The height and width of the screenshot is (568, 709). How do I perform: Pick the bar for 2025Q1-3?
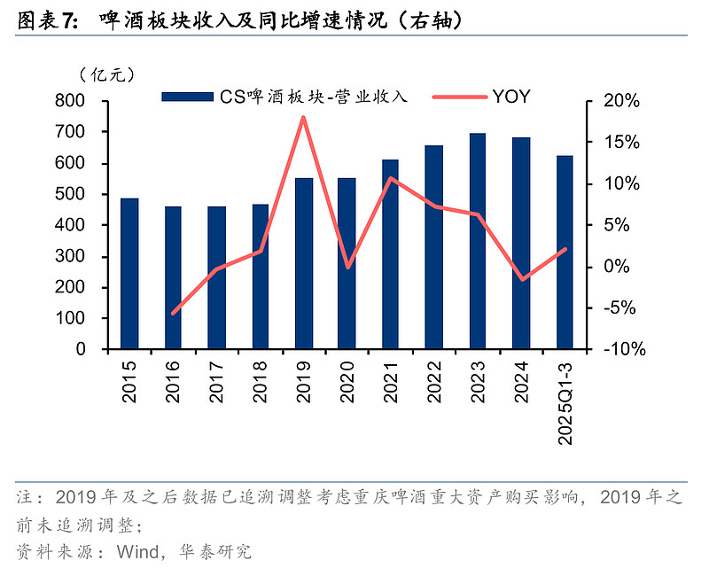click(565, 252)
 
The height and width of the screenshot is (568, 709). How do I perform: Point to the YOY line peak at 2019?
click(304, 117)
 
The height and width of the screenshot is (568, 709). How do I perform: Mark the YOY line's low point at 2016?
click(174, 313)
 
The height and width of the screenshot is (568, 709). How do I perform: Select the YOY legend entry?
click(511, 97)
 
